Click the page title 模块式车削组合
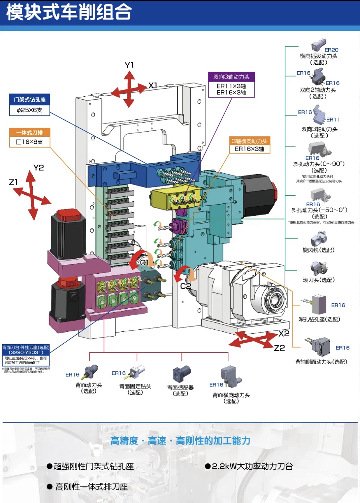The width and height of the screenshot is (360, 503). click(x=69, y=13)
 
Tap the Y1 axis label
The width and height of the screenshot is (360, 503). click(x=129, y=65)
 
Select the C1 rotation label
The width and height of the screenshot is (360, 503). click(x=144, y=262)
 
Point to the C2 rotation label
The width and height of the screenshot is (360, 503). click(x=185, y=286)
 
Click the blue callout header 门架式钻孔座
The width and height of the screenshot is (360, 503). click(x=30, y=100)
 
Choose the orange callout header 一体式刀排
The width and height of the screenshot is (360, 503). click(x=29, y=133)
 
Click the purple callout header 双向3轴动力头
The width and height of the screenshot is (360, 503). click(x=231, y=77)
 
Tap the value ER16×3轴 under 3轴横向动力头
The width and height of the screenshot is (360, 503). click(x=249, y=149)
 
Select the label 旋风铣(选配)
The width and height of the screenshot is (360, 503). click(x=318, y=250)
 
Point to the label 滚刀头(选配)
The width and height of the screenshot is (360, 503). click(x=318, y=280)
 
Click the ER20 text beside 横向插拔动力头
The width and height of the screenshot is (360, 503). click(x=331, y=50)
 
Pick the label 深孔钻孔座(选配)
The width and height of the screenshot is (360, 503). click(x=319, y=319)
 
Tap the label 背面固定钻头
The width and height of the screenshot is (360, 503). click(x=135, y=386)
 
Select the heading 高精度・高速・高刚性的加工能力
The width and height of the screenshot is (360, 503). click(x=180, y=441)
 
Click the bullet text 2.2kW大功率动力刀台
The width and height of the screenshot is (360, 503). click(x=252, y=466)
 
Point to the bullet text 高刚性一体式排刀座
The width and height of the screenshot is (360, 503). click(x=91, y=487)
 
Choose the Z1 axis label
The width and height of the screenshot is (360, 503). click(x=13, y=182)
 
